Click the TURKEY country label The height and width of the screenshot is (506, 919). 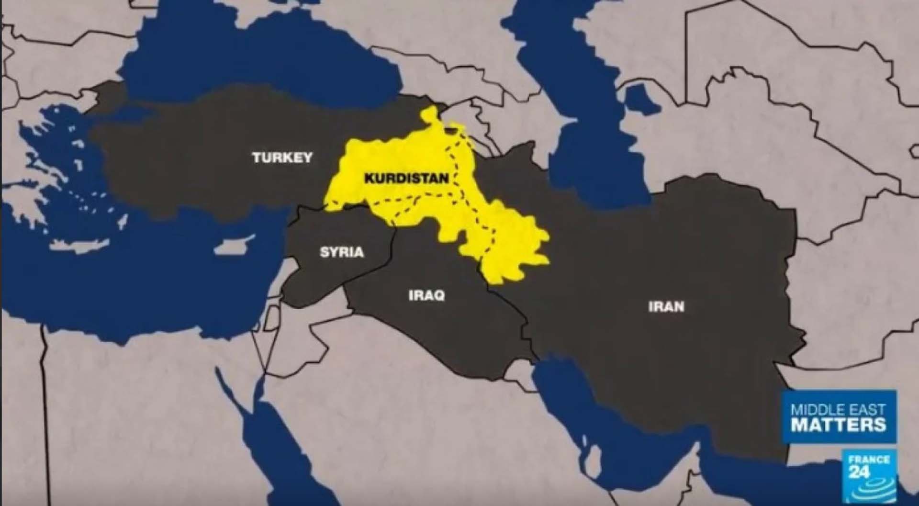282,157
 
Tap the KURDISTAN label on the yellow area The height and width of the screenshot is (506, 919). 406,179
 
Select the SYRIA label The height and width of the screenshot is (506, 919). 342,252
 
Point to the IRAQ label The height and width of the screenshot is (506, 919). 426,295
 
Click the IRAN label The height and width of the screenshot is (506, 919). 666,306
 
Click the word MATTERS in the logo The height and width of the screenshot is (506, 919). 838,424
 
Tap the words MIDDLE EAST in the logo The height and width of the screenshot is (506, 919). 838,410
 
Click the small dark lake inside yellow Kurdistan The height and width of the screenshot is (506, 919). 450,128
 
